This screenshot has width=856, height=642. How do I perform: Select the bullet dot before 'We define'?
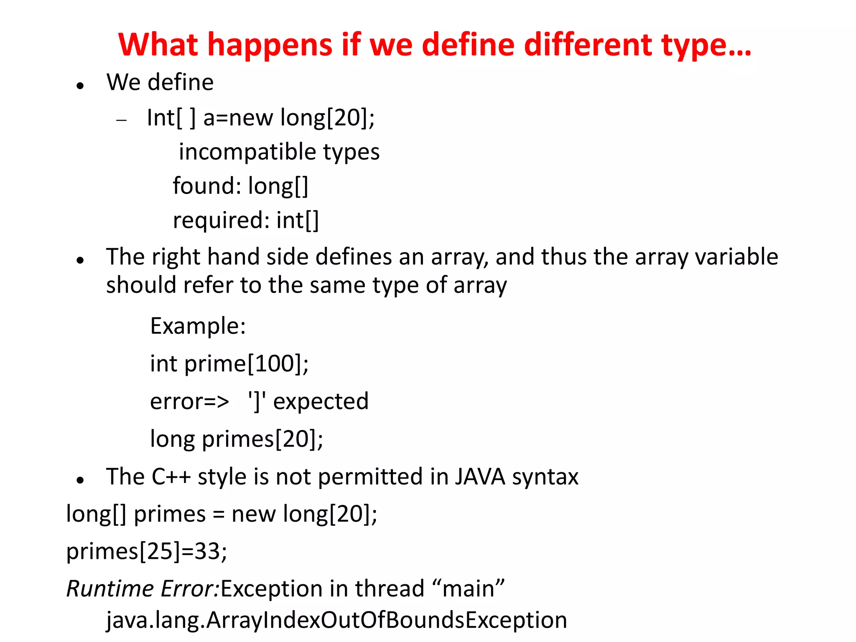click(x=80, y=86)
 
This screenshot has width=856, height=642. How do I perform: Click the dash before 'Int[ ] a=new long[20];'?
click(x=122, y=120)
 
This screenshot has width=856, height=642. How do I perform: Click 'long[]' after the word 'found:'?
click(x=278, y=186)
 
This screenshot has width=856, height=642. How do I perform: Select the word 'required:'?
click(x=221, y=220)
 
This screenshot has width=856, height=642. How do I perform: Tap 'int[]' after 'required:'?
click(x=298, y=220)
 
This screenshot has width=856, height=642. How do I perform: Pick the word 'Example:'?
click(x=198, y=326)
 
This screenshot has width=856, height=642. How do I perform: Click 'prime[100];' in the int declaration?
click(x=246, y=364)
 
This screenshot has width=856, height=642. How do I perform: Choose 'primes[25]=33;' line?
click(x=147, y=551)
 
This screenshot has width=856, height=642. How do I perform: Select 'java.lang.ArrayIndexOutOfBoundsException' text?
click(x=336, y=620)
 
